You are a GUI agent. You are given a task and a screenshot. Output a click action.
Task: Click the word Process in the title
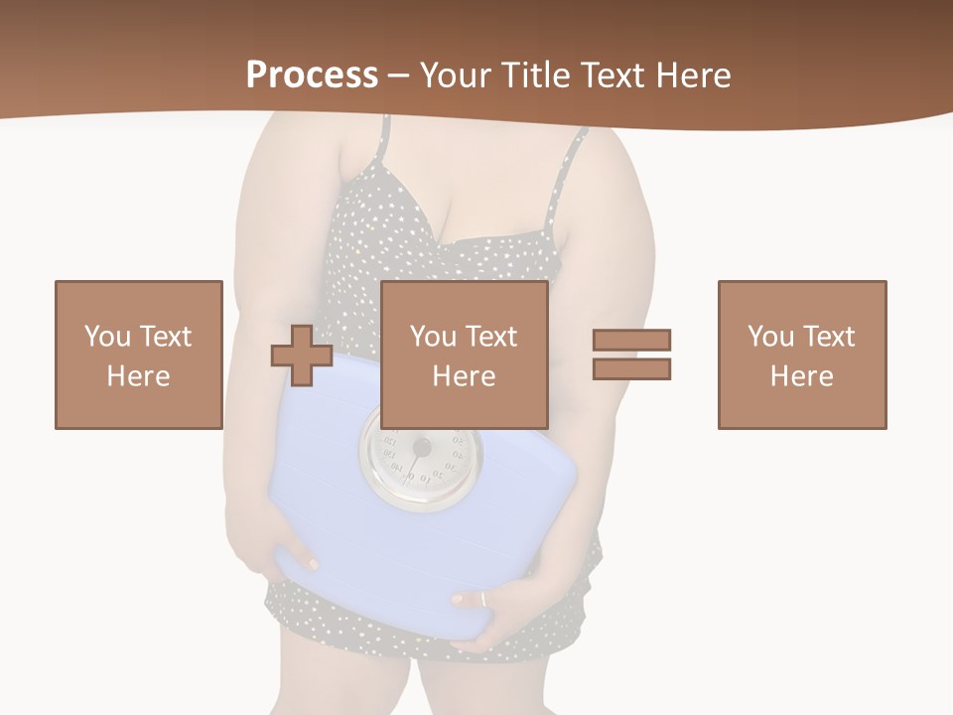click(312, 75)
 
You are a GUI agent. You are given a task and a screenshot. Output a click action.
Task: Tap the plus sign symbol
click(302, 356)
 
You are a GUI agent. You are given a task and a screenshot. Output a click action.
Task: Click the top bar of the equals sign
click(631, 340)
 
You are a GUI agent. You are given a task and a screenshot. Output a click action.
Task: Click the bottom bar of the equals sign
click(631, 368)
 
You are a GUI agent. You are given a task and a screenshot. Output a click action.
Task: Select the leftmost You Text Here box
click(138, 355)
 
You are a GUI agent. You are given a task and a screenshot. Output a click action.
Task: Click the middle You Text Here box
click(464, 355)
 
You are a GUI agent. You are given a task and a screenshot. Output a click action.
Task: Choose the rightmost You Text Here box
click(801, 355)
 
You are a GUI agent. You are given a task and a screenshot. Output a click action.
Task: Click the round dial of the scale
click(420, 453)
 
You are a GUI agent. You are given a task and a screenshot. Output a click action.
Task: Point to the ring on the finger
click(482, 599)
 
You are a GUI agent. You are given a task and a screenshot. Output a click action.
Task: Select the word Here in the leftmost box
click(138, 376)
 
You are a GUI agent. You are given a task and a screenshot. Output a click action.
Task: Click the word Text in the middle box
click(491, 337)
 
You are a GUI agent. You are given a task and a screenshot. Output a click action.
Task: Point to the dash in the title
click(398, 75)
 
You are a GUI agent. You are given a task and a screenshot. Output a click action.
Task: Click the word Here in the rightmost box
click(801, 376)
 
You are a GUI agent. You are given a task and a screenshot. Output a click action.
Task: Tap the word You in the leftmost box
click(106, 337)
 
